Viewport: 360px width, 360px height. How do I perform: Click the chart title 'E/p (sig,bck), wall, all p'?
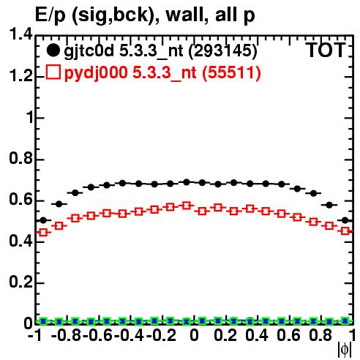145,15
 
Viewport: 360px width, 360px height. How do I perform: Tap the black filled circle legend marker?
53,50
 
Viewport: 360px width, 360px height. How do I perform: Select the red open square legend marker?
53,72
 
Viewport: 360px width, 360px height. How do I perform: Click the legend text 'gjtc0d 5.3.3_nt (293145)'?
160,51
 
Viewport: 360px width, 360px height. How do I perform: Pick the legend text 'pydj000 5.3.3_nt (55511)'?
162,73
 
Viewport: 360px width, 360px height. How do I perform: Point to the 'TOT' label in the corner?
326,50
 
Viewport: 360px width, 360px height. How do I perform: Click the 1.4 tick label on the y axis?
20,34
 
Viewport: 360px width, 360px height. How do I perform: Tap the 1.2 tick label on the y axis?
20,76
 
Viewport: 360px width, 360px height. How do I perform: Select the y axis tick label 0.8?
20,159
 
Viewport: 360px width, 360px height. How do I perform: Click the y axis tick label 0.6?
20,200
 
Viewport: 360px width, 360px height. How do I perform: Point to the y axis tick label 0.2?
20,282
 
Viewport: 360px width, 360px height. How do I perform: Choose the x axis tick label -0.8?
67,335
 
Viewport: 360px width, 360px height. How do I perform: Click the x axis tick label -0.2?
161,335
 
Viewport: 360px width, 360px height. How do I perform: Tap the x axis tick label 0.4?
257,335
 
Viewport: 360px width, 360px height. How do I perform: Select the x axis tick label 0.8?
320,335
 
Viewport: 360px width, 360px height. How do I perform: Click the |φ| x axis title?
345,350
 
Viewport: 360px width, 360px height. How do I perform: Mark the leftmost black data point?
43,220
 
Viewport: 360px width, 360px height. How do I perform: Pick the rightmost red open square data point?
345,230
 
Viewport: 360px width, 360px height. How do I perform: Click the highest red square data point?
187,206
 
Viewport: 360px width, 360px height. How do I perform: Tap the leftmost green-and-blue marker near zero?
43,321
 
